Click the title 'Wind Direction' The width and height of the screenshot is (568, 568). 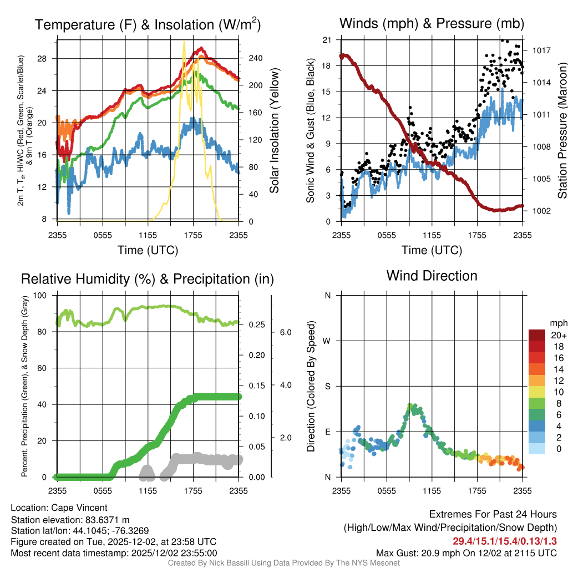pyautogui.click(x=432, y=276)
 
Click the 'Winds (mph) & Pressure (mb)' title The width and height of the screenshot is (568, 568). pyautogui.click(x=432, y=23)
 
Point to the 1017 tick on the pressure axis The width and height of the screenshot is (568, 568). pyautogui.click(x=540, y=50)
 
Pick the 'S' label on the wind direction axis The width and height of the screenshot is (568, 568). pyautogui.click(x=327, y=386)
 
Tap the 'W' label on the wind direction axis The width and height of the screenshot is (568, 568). pyautogui.click(x=327, y=341)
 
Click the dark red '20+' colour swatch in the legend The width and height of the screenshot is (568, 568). pyautogui.click(x=537, y=335)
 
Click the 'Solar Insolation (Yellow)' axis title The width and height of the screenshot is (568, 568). pyautogui.click(x=275, y=130)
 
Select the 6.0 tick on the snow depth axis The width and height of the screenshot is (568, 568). pyautogui.click(x=285, y=332)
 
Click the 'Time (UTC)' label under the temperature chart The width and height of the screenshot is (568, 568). pyautogui.click(x=148, y=250)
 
